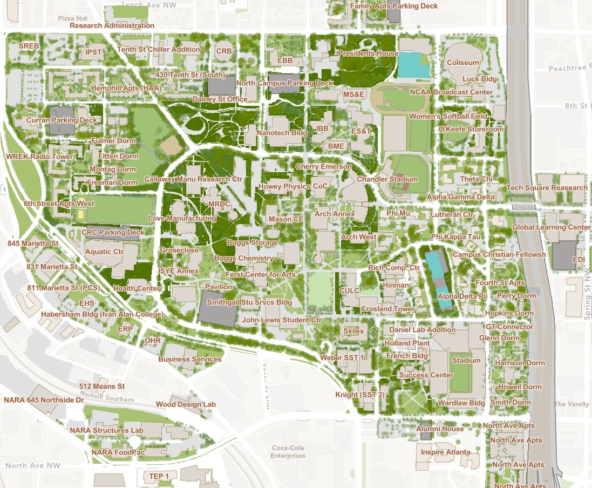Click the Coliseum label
(463, 63)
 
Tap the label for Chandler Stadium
(387, 179)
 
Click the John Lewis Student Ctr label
(282, 320)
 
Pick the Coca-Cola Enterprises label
(288, 451)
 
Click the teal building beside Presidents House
(412, 66)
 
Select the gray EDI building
(563, 255)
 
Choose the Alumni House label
(440, 429)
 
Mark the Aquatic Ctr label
(104, 252)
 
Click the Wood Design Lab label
(186, 404)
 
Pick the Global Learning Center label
(551, 227)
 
